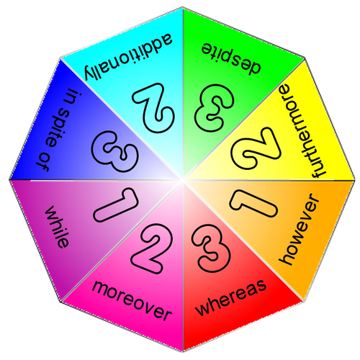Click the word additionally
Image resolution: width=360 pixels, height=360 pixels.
128,57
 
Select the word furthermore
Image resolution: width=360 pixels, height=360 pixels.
302,131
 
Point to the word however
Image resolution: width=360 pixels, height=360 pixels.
300,230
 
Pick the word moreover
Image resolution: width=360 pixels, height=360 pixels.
132,301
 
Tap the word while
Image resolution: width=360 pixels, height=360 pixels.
57,227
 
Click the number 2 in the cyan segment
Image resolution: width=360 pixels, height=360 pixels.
153,107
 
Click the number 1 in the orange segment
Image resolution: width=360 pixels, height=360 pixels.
253,204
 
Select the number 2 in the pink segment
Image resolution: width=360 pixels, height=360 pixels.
152,248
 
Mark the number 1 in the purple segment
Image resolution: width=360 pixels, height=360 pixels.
116,205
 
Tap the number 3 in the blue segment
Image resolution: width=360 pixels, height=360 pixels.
115,152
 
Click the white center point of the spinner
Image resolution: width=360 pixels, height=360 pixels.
182,179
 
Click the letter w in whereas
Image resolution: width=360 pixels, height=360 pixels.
202,309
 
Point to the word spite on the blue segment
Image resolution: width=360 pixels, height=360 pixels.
56,128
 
